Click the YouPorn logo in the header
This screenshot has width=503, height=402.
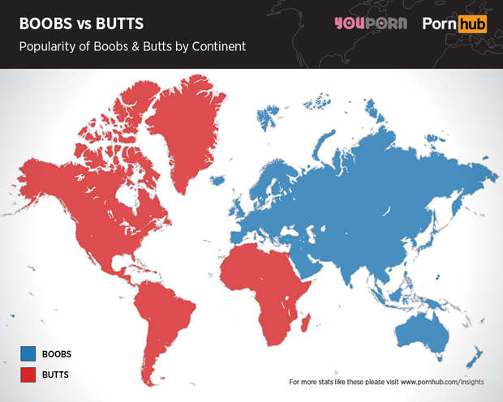[x=371, y=24]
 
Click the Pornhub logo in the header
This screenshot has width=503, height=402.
[x=455, y=24]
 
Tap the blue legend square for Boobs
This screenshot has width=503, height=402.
[x=28, y=353]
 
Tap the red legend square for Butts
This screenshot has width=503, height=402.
[x=28, y=375]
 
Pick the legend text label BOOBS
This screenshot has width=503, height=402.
[x=57, y=353]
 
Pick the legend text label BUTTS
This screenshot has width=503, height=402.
[x=56, y=375]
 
